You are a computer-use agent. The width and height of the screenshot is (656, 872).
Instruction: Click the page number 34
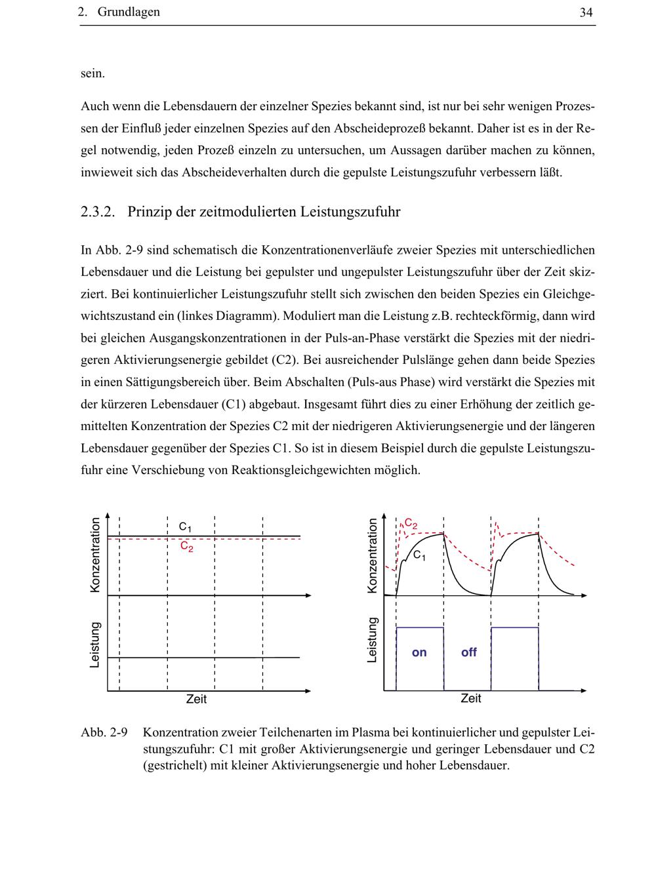[x=586, y=12]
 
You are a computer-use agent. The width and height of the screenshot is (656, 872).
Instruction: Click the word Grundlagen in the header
[x=129, y=12]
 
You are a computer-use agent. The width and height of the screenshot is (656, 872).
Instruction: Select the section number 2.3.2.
[x=98, y=212]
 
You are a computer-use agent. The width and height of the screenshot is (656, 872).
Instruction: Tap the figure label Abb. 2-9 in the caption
[x=104, y=732]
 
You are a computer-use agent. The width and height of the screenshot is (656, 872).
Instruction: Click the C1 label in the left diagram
[x=185, y=526]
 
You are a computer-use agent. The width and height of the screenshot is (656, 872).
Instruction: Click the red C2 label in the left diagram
[x=187, y=546]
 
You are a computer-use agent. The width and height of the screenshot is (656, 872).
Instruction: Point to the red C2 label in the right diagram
[x=411, y=523]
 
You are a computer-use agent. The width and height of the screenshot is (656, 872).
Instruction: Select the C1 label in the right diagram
[x=419, y=556]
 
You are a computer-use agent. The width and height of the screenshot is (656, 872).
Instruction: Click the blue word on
[x=419, y=652]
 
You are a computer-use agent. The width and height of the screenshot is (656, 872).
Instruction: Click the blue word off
[x=468, y=652]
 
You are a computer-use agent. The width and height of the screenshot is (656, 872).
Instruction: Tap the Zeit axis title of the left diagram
[x=196, y=700]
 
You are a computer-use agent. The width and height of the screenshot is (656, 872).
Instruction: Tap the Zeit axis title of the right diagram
[x=471, y=699]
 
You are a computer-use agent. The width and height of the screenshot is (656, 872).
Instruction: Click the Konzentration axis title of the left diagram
[x=96, y=555]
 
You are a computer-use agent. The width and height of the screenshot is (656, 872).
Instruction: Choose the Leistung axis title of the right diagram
[x=373, y=639]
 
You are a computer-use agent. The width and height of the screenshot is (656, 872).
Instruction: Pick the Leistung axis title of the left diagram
[x=96, y=645]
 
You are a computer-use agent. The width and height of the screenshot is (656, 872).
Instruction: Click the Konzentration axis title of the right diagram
[x=373, y=555]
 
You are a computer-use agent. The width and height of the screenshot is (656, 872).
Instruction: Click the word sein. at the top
[x=92, y=73]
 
